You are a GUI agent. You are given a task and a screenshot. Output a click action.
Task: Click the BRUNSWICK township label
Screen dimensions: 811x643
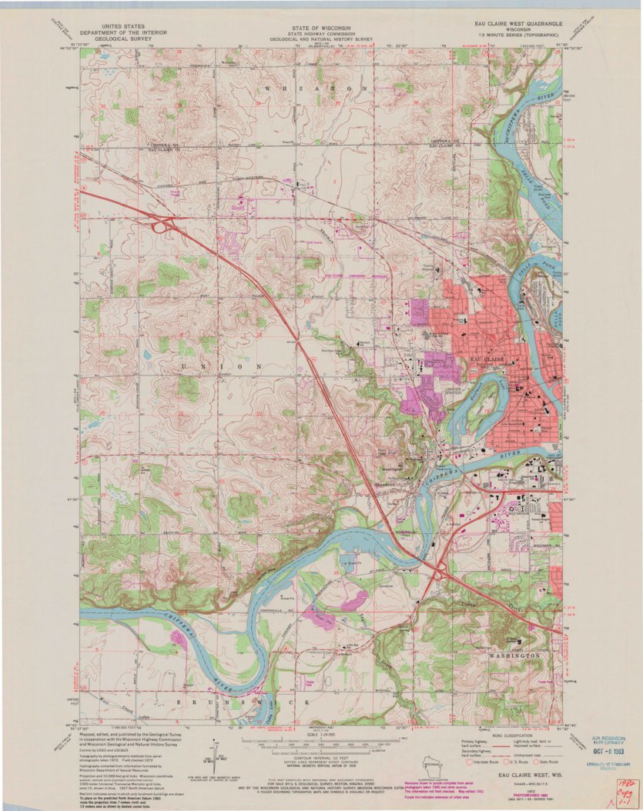pyautogui.click(x=245, y=703)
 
